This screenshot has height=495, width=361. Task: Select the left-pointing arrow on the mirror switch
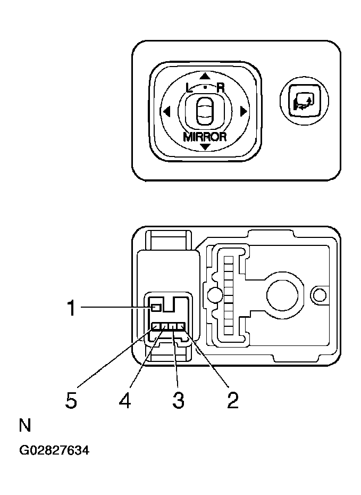(166, 112)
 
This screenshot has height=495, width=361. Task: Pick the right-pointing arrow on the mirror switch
(244, 112)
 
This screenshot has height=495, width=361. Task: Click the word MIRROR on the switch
(205, 136)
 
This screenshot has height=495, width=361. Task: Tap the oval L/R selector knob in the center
(205, 111)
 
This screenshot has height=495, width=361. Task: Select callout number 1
(71, 308)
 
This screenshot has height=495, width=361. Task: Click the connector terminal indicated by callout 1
(156, 308)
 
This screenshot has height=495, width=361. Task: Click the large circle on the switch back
(281, 294)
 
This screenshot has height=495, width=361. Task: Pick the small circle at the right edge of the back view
(319, 294)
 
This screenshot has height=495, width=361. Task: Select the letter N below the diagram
(24, 426)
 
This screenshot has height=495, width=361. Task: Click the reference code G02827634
(54, 451)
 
